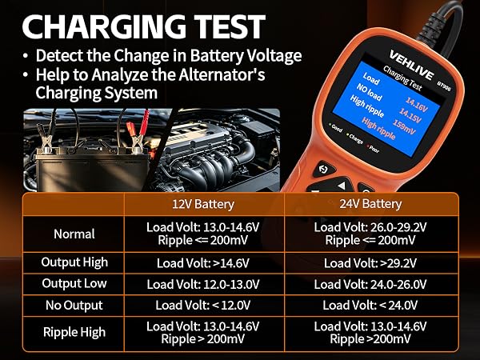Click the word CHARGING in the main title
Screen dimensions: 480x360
pyautogui.click(x=104, y=26)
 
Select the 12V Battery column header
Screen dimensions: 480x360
pyautogui.click(x=203, y=204)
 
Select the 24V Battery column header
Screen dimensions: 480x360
pyautogui.click(x=370, y=204)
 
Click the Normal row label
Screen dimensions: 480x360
pyautogui.click(x=74, y=234)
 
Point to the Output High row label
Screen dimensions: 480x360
pyautogui.click(x=74, y=262)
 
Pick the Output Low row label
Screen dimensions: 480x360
pyautogui.click(x=74, y=283)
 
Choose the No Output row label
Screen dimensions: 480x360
pyautogui.click(x=74, y=306)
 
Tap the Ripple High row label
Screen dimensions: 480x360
pyautogui.click(x=74, y=333)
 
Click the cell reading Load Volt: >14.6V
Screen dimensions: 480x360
pyautogui.click(x=203, y=263)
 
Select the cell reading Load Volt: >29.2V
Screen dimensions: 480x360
pyautogui.click(x=370, y=263)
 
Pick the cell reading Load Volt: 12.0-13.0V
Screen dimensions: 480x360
pyautogui.click(x=203, y=284)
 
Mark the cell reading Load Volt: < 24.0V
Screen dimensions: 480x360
pyautogui.click(x=370, y=306)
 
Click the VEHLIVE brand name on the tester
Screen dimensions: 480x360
pyautogui.click(x=411, y=66)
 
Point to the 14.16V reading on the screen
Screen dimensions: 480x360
pyautogui.click(x=416, y=104)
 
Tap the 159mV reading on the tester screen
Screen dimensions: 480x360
pyautogui.click(x=404, y=126)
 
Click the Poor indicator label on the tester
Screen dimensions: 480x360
pyautogui.click(x=373, y=149)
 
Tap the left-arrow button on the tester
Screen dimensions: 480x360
pyautogui.click(x=341, y=186)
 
